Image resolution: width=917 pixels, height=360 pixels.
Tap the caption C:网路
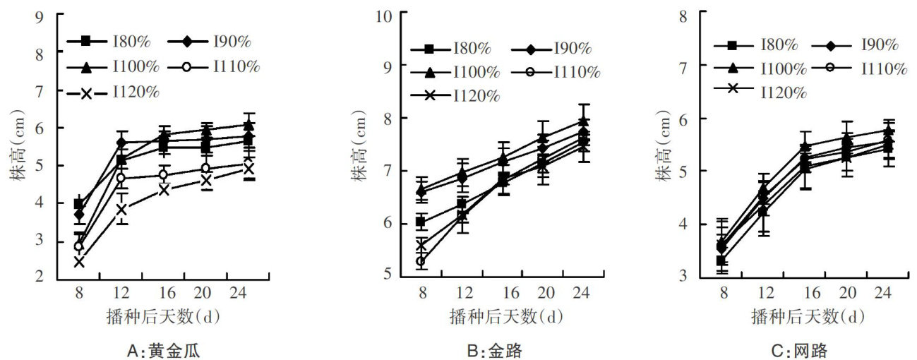[799, 349]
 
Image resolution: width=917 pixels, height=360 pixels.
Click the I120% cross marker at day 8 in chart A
[79, 262]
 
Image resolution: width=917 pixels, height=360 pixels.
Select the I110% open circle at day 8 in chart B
[421, 261]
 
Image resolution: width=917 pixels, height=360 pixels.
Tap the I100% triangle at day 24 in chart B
[583, 121]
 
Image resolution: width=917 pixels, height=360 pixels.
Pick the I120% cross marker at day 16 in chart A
[164, 190]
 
